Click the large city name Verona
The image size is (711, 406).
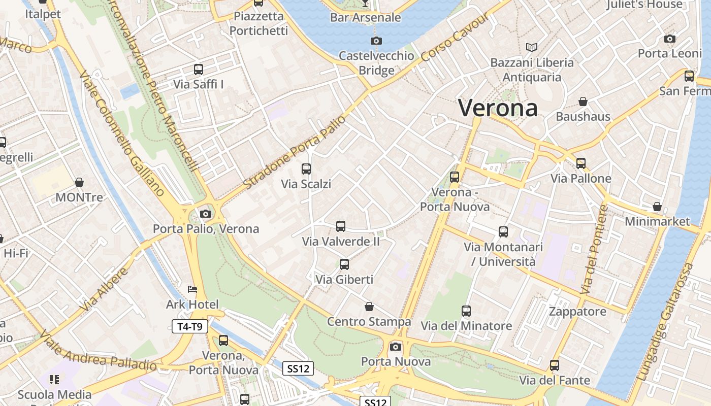coord(498,108)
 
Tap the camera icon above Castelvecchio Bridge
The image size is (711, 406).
coord(376,41)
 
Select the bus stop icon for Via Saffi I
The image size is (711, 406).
coord(199,70)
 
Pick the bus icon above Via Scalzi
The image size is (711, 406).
coord(306,169)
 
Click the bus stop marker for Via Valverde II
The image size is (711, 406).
coord(341,226)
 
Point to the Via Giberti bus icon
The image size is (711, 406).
coord(344,264)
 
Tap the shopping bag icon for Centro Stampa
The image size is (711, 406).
coord(369,307)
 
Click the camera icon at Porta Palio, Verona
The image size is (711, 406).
coord(206,214)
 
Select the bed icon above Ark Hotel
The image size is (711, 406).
coord(192,290)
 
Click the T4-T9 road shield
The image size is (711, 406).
coord(190,326)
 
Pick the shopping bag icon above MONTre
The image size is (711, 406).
coord(79,182)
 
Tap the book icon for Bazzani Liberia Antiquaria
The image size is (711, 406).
coord(532,48)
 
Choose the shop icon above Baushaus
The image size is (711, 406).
coord(583,101)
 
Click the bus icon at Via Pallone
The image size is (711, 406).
coord(581,163)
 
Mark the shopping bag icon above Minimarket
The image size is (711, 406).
coord(657,207)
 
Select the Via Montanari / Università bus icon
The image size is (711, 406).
coord(503,232)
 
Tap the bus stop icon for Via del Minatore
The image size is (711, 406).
coord(466,311)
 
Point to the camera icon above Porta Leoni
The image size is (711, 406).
coord(670,39)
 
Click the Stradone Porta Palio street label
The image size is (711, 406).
coord(295,152)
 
